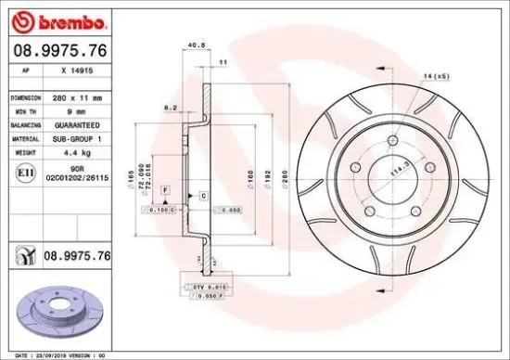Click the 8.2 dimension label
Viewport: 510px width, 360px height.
170,108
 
